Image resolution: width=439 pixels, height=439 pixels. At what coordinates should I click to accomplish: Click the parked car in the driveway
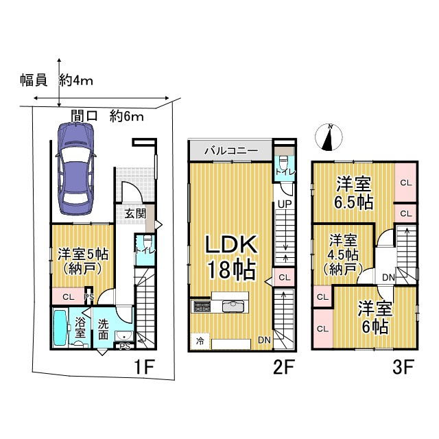pyautogui.click(x=76, y=169)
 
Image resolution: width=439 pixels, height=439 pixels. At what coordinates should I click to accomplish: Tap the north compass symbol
pyautogui.click(x=329, y=137)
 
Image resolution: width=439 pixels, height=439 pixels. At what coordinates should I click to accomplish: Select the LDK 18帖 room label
pyautogui.click(x=231, y=257)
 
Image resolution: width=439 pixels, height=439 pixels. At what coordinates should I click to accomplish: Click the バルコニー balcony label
pyautogui.click(x=231, y=151)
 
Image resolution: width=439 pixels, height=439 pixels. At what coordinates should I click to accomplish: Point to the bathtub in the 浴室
pyautogui.click(x=60, y=327)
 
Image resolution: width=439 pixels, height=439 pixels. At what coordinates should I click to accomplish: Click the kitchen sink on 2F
pyautogui.click(x=232, y=306)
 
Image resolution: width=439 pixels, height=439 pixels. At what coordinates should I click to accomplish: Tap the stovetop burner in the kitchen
pyautogui.click(x=202, y=307)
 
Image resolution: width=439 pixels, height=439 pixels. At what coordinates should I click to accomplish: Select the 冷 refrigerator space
pyautogui.click(x=200, y=341)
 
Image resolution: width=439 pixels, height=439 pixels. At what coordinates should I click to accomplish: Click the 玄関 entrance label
pyautogui.click(x=136, y=214)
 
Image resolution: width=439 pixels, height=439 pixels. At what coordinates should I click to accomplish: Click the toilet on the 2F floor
pyautogui.click(x=283, y=163)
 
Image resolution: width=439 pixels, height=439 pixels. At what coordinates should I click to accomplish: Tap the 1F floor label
pyautogui.click(x=145, y=367)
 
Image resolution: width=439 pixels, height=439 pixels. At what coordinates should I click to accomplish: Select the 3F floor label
pyautogui.click(x=403, y=367)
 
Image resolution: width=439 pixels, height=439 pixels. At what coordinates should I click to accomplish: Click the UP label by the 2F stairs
pyautogui.click(x=285, y=204)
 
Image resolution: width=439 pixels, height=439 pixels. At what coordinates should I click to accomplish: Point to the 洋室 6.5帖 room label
pyautogui.click(x=354, y=193)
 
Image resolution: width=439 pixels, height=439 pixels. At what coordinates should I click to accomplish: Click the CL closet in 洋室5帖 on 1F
pyautogui.click(x=69, y=296)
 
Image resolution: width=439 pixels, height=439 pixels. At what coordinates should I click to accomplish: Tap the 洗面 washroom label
pyautogui.click(x=103, y=329)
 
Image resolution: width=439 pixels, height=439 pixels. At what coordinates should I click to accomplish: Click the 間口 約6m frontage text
pyautogui.click(x=107, y=116)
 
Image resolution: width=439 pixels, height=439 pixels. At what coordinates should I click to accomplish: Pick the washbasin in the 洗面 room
pyautogui.click(x=124, y=336)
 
